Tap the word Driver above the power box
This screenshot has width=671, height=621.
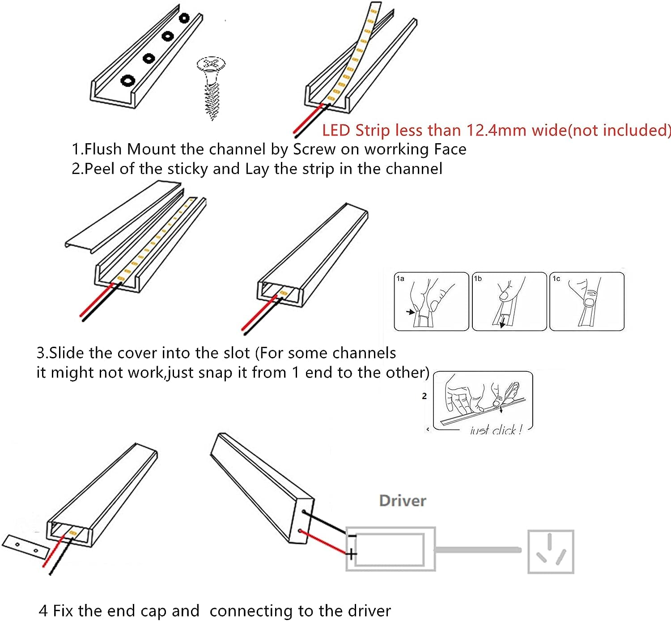tap(402, 501)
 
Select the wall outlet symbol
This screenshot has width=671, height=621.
tap(550, 552)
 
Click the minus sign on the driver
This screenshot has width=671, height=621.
tap(352, 536)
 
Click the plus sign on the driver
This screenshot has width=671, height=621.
tap(352, 554)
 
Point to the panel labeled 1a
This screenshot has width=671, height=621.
tap(431, 302)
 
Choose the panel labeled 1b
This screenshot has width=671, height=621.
tap(509, 302)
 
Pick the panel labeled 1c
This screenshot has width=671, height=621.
tap(586, 302)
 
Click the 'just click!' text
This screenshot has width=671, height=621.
tap(496, 430)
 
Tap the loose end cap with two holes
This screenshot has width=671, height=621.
tap(25, 546)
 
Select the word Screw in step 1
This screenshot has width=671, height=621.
tap(314, 149)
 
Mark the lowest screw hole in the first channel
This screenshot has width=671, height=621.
tap(128, 81)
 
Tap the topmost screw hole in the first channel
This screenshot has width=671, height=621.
tap(184, 18)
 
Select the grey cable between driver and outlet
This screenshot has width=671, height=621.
tap(479, 549)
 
